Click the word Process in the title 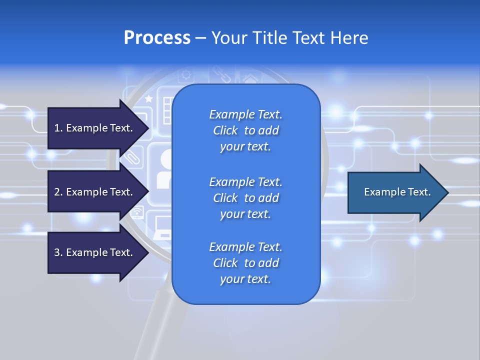point(157,38)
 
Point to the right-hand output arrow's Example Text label point(397,192)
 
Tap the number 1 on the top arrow point(57,128)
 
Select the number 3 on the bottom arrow point(57,252)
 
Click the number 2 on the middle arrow point(57,192)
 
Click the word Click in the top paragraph point(225,130)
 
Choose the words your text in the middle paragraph point(245,214)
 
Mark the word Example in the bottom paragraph point(231,246)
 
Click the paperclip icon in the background point(132,157)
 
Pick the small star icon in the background point(148,99)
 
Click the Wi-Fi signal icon point(136,214)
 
